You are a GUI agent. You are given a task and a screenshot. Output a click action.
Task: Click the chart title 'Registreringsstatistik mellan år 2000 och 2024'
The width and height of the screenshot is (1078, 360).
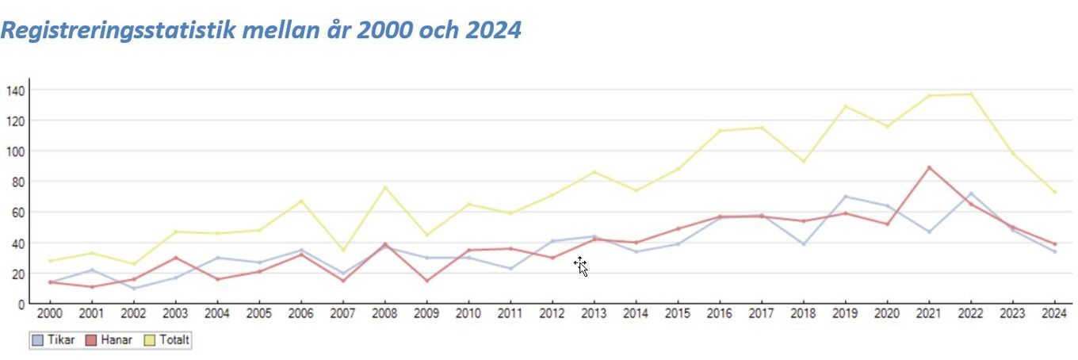click(262, 29)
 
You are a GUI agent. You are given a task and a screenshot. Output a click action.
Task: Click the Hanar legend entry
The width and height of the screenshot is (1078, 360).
click(111, 340)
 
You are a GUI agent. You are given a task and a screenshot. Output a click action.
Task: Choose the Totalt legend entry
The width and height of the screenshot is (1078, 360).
click(167, 340)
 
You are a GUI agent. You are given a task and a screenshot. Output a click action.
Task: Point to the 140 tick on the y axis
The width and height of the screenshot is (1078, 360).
click(14, 90)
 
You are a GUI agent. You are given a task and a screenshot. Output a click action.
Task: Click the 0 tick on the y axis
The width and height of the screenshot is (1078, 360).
click(21, 304)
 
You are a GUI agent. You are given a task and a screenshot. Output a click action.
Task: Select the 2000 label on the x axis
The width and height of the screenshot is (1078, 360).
click(50, 313)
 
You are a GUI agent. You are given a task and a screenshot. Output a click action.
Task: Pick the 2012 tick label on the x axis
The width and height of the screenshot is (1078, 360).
click(552, 313)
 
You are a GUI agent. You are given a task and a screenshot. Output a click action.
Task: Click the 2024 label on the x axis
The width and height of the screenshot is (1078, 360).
click(1053, 313)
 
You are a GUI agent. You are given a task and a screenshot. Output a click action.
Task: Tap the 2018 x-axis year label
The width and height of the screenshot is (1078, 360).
click(803, 313)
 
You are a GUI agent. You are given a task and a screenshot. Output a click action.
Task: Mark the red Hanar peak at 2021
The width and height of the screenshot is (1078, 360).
click(928, 167)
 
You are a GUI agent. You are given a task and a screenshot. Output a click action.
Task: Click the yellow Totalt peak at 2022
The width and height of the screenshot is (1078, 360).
click(970, 94)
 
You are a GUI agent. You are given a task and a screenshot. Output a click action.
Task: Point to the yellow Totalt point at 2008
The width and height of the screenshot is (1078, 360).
click(384, 187)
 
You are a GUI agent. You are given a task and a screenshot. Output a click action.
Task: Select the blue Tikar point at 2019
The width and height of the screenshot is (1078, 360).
click(845, 196)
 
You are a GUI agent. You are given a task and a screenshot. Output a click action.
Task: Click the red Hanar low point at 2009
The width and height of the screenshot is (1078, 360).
click(426, 281)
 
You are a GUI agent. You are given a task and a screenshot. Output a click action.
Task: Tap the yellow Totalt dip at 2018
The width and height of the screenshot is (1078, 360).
click(803, 162)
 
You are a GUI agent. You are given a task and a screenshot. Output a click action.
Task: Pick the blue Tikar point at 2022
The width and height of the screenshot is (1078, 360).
click(970, 193)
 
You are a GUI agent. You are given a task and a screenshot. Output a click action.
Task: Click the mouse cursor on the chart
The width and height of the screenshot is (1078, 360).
click(580, 266)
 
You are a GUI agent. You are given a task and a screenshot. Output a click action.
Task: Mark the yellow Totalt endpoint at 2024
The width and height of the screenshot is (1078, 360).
click(1054, 192)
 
